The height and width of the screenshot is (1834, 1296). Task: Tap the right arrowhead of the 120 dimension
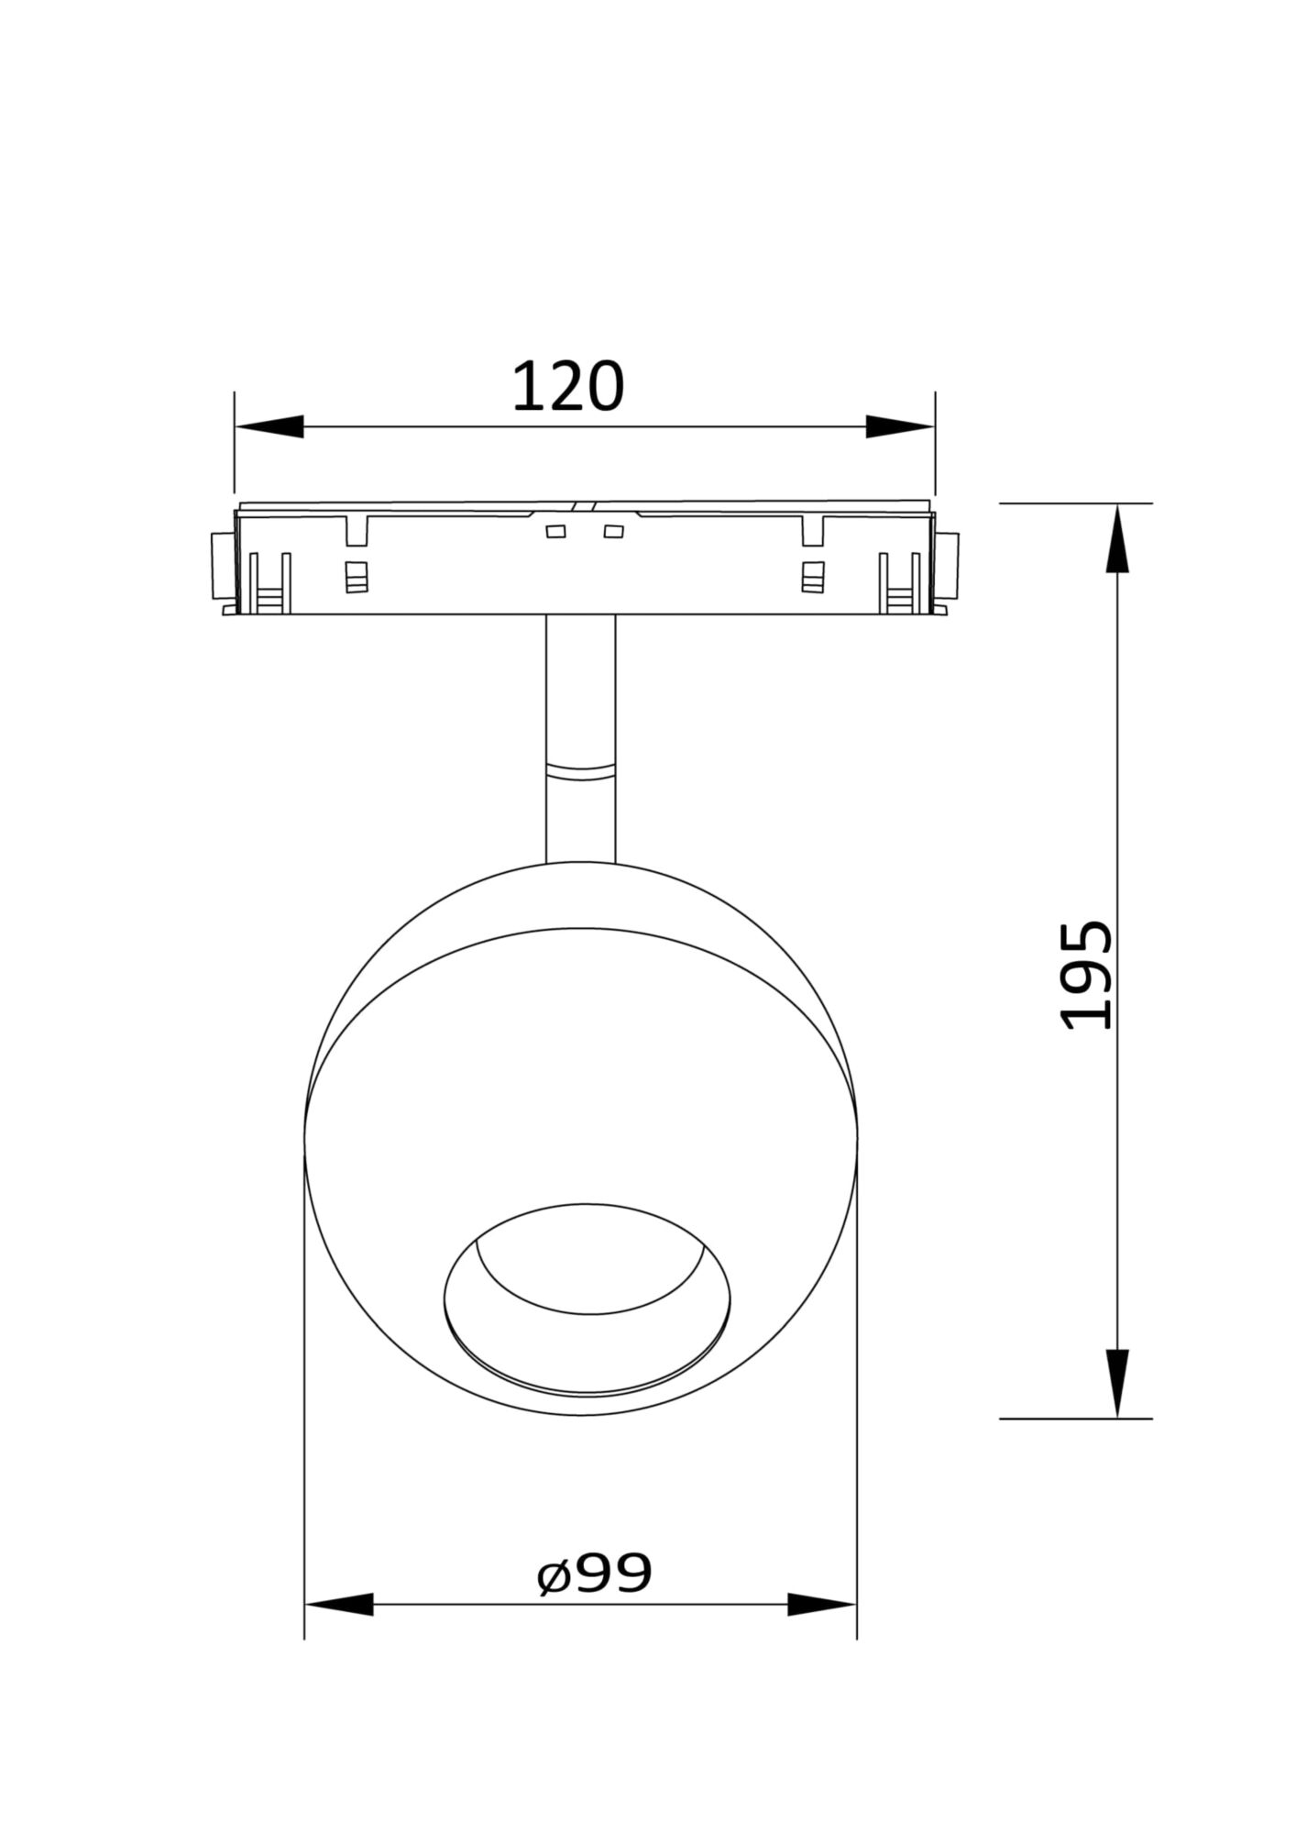[900, 426]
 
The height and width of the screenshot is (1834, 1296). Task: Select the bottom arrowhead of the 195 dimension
[1117, 1382]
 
